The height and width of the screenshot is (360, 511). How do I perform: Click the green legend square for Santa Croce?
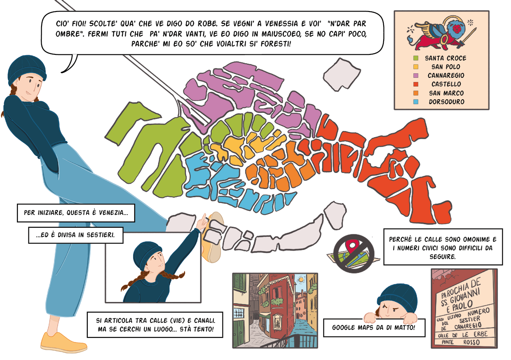click(416, 58)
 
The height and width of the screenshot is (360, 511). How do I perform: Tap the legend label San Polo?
click(446, 67)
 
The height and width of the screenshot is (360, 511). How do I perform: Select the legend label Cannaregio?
click(446, 75)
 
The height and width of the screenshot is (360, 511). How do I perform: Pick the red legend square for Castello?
click(416, 84)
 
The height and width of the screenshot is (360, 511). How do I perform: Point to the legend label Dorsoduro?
click(446, 102)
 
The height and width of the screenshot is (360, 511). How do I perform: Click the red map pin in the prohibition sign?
click(352, 246)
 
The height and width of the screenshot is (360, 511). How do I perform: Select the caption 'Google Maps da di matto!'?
click(373, 327)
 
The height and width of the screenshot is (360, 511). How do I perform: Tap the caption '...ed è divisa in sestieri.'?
click(75, 235)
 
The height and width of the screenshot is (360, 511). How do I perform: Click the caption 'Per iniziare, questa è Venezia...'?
click(76, 213)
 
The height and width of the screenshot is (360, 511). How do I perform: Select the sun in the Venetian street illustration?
click(301, 280)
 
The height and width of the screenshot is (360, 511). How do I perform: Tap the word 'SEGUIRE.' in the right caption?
click(443, 257)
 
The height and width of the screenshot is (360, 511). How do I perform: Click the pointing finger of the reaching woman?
click(204, 217)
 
